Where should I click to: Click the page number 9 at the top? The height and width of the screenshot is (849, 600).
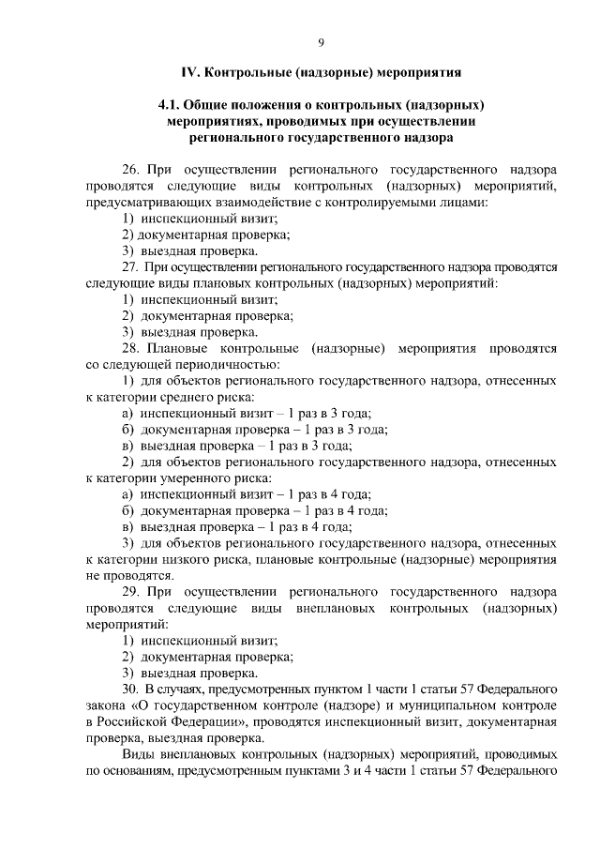(322, 41)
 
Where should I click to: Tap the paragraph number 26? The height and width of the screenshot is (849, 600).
(132, 171)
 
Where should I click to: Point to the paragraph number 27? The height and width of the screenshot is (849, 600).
(132, 266)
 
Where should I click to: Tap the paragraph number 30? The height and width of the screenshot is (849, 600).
(132, 689)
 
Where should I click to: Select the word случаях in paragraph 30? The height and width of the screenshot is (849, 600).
(183, 689)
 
